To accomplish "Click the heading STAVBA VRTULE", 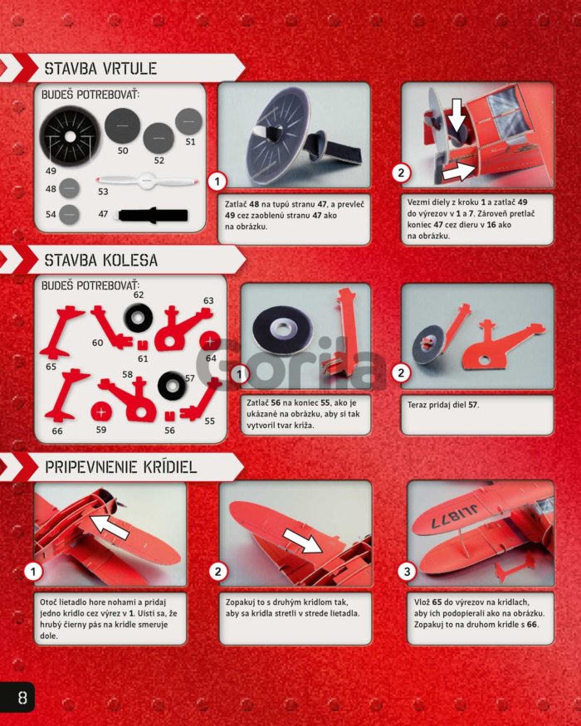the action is click(x=100, y=69).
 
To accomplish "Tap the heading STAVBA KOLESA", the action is click(x=101, y=261).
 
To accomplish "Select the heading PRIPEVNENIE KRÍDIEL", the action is click(x=121, y=466).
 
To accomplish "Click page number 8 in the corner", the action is click(x=22, y=697).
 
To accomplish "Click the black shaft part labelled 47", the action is click(x=153, y=215).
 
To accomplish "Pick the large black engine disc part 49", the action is click(x=70, y=136).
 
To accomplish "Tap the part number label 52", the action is click(x=159, y=160).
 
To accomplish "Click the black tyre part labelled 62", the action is click(x=138, y=317).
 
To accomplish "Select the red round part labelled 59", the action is click(x=101, y=412).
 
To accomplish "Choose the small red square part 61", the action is click(x=143, y=345).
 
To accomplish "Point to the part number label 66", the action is click(x=57, y=431).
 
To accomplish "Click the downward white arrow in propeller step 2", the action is click(x=456, y=115).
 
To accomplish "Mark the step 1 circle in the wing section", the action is click(x=33, y=572).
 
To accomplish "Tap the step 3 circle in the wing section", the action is click(x=407, y=572).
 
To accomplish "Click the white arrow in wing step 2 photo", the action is click(x=303, y=540).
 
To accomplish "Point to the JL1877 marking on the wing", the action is click(x=455, y=516).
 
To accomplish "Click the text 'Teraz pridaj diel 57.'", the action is click(x=443, y=405).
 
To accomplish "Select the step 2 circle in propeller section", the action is click(x=401, y=173).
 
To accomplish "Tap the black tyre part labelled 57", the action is click(x=172, y=386).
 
